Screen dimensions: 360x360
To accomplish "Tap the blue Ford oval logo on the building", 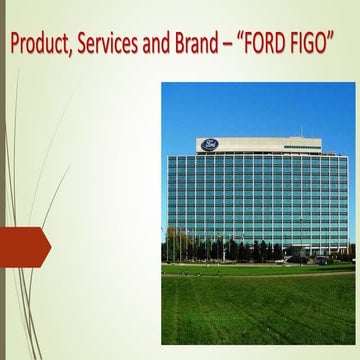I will tap(210, 144).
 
